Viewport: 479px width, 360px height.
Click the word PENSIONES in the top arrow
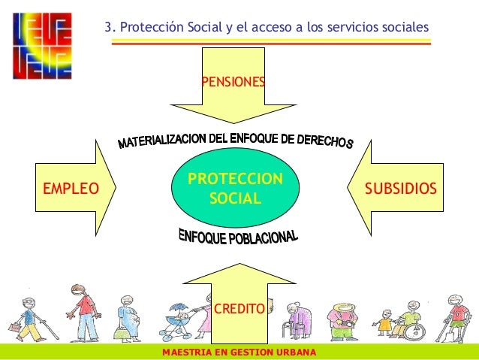pyautogui.click(x=233, y=79)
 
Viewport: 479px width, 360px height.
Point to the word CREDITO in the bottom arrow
pyautogui.click(x=239, y=308)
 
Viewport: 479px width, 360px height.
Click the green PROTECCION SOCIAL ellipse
pyautogui.click(x=235, y=189)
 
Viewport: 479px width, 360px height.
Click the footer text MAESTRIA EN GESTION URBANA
pyautogui.click(x=239, y=352)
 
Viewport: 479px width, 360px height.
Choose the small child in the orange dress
pyautogui.click(x=384, y=323)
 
